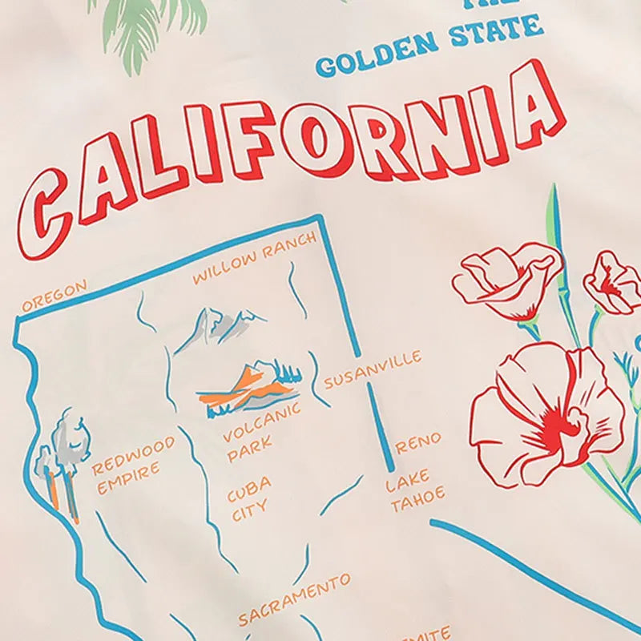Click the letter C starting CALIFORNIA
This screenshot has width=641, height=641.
tap(54, 209)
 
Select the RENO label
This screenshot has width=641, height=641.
tap(417, 442)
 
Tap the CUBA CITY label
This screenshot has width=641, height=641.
tap(249, 498)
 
